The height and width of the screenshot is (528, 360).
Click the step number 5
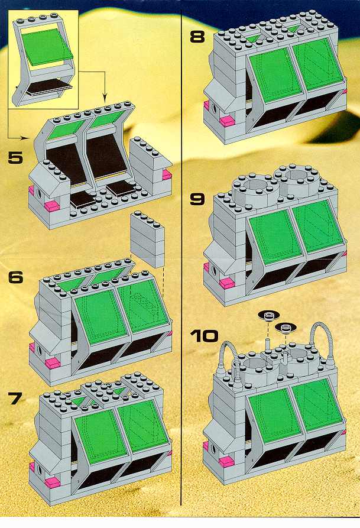[15, 158]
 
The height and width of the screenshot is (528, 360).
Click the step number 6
[15, 277]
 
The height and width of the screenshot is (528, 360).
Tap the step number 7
[15, 399]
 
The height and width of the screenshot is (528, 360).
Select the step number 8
[197, 37]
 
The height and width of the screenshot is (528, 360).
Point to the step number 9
[197, 199]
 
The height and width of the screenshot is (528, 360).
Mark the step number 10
[204, 336]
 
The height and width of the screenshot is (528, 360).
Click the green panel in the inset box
[47, 47]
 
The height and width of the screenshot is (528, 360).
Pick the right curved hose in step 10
[321, 339]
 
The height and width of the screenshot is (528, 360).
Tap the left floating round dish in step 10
[268, 315]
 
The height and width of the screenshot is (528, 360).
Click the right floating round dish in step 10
[286, 326]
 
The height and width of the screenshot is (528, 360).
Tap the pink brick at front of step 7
[53, 482]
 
